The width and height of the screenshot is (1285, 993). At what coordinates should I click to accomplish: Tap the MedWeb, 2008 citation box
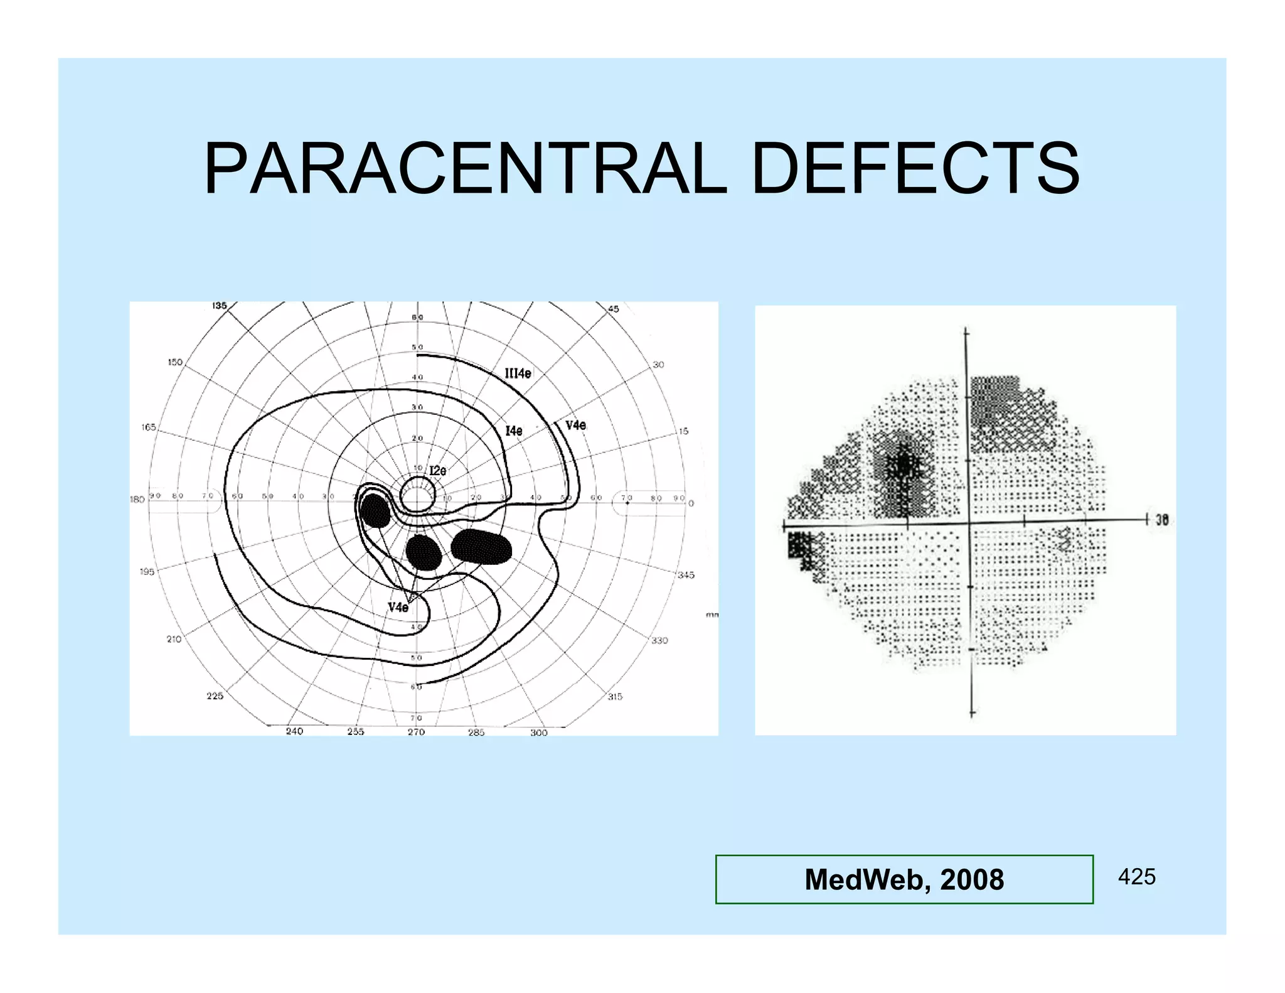pyautogui.click(x=904, y=879)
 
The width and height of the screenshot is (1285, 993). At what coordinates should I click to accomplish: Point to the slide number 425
pyautogui.click(x=1136, y=877)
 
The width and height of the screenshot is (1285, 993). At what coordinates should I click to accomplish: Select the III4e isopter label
pyautogui.click(x=518, y=373)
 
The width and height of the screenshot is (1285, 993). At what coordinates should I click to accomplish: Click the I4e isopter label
pyautogui.click(x=513, y=431)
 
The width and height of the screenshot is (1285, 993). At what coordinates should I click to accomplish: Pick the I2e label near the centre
pyautogui.click(x=437, y=471)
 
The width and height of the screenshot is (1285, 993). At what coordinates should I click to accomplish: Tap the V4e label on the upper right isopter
pyautogui.click(x=575, y=426)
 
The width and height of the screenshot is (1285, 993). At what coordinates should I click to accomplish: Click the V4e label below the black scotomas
pyautogui.click(x=398, y=607)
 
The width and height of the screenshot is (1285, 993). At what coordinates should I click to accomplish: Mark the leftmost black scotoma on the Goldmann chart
pyautogui.click(x=376, y=510)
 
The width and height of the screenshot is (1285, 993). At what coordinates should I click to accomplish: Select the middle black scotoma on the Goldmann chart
pyautogui.click(x=424, y=552)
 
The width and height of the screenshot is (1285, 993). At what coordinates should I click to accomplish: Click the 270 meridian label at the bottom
pyautogui.click(x=416, y=732)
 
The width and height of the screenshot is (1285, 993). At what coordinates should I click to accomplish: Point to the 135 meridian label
pyautogui.click(x=219, y=306)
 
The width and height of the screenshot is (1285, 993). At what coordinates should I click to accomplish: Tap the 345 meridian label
pyautogui.click(x=686, y=575)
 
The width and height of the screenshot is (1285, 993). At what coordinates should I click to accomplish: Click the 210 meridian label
pyautogui.click(x=174, y=639)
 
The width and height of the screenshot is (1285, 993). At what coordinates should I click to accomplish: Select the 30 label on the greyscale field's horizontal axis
pyautogui.click(x=1162, y=520)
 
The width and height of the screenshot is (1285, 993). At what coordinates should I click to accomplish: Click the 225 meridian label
pyautogui.click(x=215, y=695)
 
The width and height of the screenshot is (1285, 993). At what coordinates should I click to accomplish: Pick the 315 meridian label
pyautogui.click(x=615, y=697)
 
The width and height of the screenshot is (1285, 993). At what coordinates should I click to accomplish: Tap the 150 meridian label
pyautogui.click(x=175, y=362)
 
